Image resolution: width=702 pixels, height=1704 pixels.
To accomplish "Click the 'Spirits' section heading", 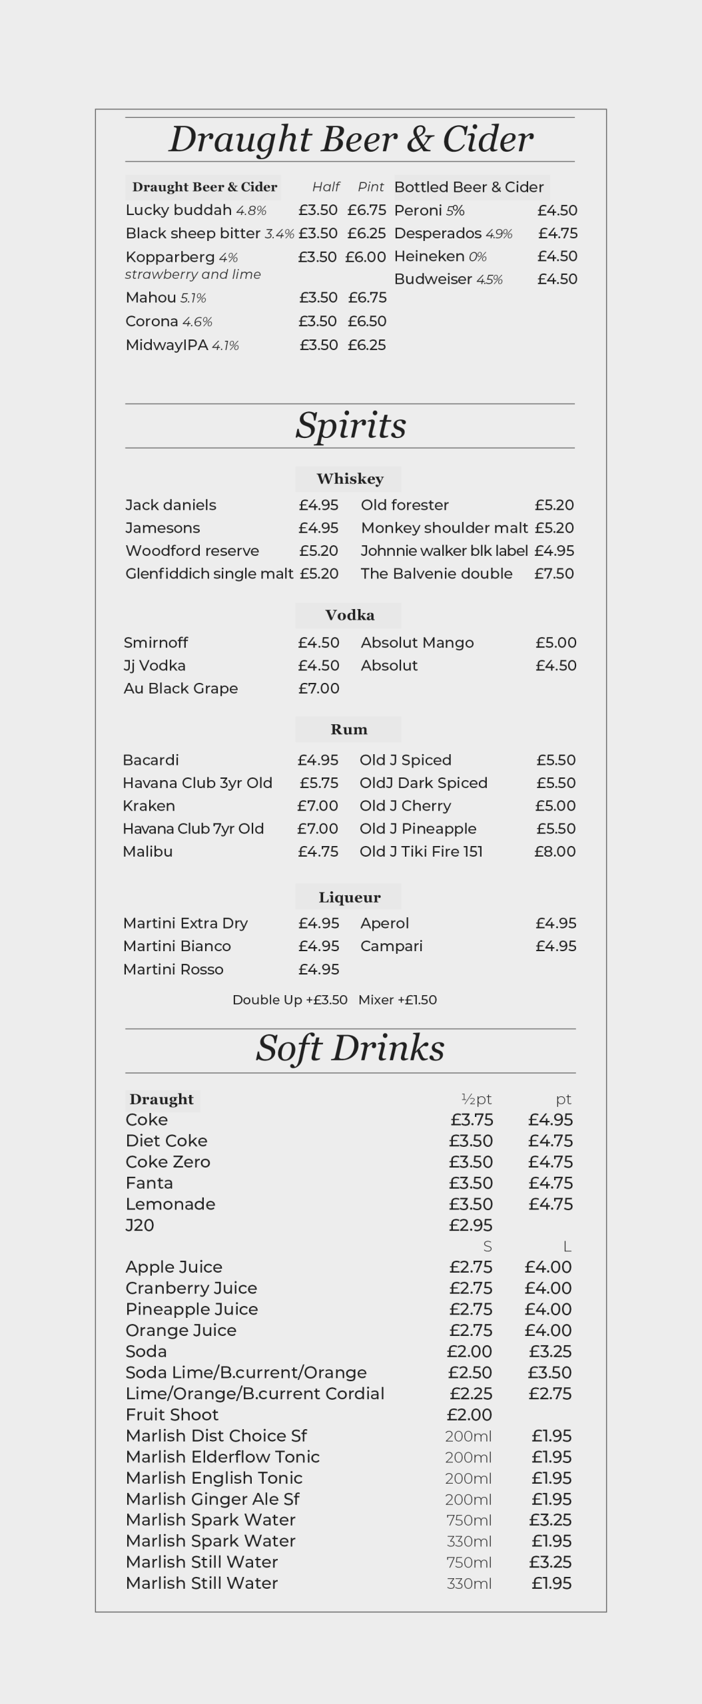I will tap(350, 426).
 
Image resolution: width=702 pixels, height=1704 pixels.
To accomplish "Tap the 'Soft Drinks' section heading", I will tap(350, 1049).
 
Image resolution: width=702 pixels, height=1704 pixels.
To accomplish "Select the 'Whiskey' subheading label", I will tap(350, 479).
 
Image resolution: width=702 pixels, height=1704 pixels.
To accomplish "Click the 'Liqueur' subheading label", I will tap(349, 897).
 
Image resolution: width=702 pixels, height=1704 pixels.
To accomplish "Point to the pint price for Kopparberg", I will tap(365, 257).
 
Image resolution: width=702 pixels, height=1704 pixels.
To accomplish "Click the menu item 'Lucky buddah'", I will tap(178, 210).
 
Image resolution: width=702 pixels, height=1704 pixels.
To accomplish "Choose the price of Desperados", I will tap(557, 234).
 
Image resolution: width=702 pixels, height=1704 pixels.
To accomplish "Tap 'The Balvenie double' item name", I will tap(436, 574).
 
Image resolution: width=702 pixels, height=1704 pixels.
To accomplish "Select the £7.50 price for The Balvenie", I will tap(553, 574).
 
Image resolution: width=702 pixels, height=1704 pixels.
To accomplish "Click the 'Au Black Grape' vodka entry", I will tap(180, 688).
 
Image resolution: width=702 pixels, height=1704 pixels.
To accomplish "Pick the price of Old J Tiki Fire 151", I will tap(554, 851).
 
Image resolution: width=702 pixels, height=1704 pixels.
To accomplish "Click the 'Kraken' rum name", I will tap(149, 806).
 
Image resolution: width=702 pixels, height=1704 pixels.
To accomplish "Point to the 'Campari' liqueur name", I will tap(391, 947).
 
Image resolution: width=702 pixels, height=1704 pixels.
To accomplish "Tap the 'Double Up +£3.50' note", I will tap(290, 1000).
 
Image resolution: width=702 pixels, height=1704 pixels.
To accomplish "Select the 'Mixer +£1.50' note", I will tap(398, 1000).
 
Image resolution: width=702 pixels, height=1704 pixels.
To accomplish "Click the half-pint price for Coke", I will tap(472, 1120).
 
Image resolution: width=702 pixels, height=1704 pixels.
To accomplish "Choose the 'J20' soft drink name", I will tap(140, 1225).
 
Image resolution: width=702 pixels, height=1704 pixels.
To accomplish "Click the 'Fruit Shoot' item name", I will tap(172, 1414).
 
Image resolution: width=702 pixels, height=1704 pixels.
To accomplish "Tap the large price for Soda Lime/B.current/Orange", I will tap(549, 1373).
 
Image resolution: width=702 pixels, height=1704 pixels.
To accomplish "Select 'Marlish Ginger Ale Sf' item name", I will tap(212, 1499).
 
